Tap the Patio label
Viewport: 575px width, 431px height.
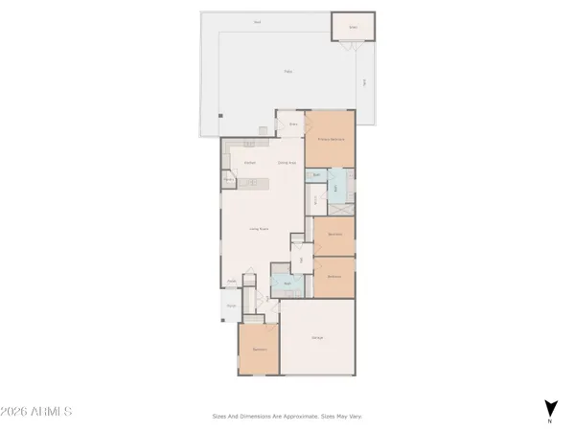point(287,72)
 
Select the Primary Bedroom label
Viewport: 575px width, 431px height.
point(331,139)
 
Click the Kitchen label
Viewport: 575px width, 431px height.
point(249,163)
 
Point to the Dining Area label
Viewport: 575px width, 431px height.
point(286,163)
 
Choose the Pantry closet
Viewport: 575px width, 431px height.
point(229,179)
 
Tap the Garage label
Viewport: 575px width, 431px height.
point(316,338)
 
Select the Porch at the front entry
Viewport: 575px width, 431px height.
point(231,306)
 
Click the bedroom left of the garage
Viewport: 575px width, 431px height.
point(259,350)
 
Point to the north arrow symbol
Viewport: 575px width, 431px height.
point(550,410)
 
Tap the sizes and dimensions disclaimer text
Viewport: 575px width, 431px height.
point(287,416)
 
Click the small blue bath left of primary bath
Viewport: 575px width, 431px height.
point(317,176)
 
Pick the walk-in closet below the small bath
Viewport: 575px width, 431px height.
point(317,199)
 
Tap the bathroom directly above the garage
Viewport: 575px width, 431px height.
point(287,284)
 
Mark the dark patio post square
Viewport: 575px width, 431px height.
point(219,117)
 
